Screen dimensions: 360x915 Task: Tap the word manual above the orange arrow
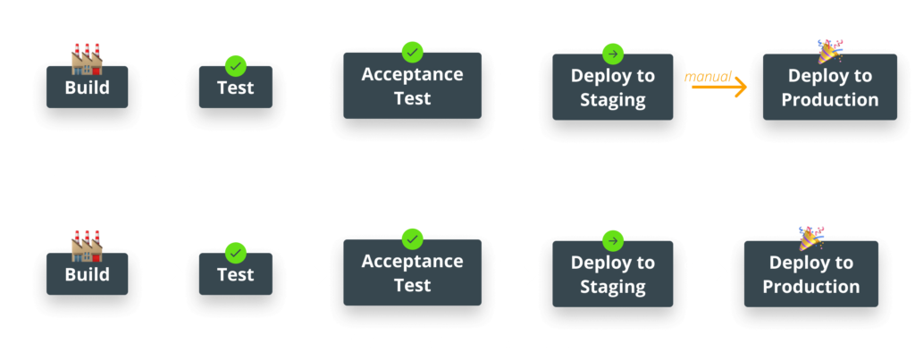click(708, 77)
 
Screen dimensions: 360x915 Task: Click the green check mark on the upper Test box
click(235, 65)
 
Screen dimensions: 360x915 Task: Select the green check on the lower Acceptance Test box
click(412, 239)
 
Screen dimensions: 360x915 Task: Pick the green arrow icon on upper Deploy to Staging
click(612, 52)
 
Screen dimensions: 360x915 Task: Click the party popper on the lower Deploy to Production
click(810, 239)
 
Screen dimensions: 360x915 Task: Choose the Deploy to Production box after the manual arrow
click(830, 88)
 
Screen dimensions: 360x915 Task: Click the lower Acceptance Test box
click(412, 274)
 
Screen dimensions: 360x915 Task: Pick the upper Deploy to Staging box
click(612, 88)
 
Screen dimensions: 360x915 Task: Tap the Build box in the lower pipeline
click(88, 275)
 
